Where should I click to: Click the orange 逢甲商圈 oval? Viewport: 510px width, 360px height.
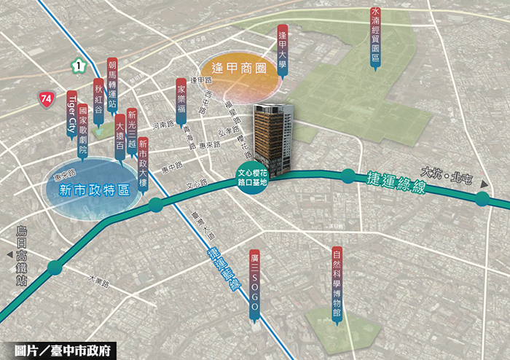tap(238, 69)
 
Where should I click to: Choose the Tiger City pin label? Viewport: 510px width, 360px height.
tap(71, 114)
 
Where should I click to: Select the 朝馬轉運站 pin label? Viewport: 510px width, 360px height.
tap(111, 84)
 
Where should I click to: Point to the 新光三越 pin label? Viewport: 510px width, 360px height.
tap(131, 130)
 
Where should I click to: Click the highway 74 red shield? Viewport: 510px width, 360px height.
tap(47, 97)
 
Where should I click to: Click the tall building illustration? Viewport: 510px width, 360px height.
tap(271, 135)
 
